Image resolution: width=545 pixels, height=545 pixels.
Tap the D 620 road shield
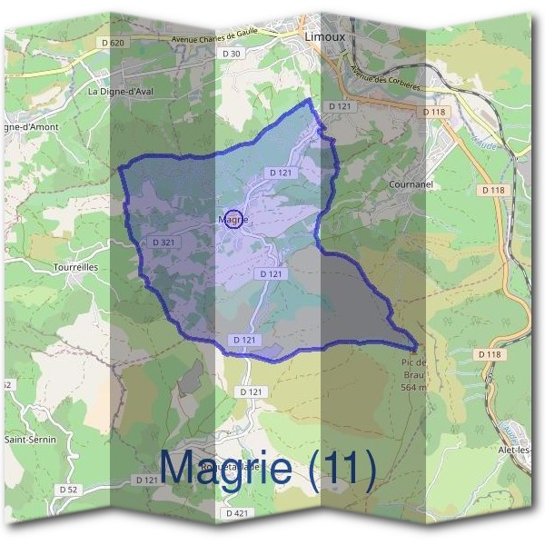click(x=113, y=43)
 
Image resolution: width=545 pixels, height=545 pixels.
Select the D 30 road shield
click(x=232, y=54)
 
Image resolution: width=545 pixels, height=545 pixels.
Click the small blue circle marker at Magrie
click(x=233, y=219)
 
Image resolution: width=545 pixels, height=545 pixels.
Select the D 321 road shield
click(x=163, y=243)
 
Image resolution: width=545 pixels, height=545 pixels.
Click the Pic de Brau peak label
click(x=413, y=367)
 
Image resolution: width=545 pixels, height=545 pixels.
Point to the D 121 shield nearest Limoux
click(x=339, y=106)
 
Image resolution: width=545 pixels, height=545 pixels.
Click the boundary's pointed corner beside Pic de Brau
click(x=417, y=347)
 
